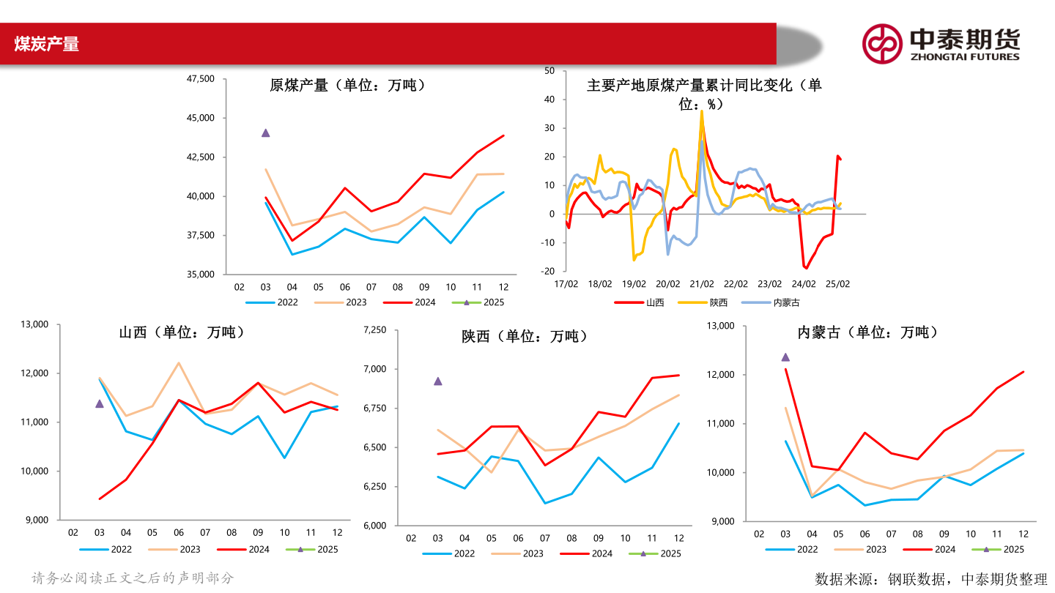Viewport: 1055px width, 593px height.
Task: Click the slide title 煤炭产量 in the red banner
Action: (46, 44)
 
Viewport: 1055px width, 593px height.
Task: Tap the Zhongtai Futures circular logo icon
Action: (881, 44)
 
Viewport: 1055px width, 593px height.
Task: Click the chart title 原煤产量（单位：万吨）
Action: (347, 85)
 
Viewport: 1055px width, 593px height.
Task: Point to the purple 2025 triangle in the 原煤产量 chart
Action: (265, 133)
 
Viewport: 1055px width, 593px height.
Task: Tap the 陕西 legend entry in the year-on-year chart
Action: (709, 302)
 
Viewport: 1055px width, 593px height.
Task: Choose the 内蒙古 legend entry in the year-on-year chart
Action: (777, 302)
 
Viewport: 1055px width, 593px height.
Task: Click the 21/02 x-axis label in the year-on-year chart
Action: (701, 283)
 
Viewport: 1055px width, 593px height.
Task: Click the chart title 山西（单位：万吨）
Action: (182, 332)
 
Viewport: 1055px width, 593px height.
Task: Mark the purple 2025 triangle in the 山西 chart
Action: (99, 403)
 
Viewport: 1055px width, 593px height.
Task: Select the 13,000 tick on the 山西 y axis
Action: (33, 324)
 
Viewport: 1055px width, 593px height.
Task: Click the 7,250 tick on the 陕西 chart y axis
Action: (374, 330)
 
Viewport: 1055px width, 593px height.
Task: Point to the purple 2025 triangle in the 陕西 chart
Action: (437, 381)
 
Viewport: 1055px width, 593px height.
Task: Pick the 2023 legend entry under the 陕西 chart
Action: (520, 553)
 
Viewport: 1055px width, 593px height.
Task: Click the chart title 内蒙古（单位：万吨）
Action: (867, 332)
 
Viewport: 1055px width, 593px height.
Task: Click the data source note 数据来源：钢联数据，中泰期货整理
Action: (931, 579)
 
